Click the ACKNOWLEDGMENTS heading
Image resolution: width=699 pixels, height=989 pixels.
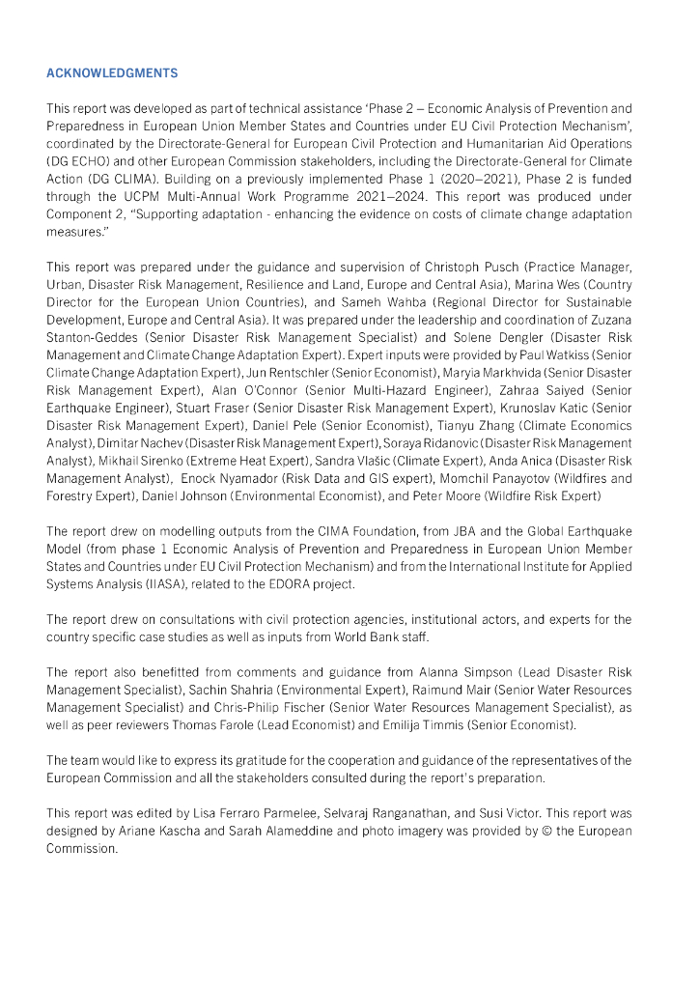[x=112, y=72]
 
